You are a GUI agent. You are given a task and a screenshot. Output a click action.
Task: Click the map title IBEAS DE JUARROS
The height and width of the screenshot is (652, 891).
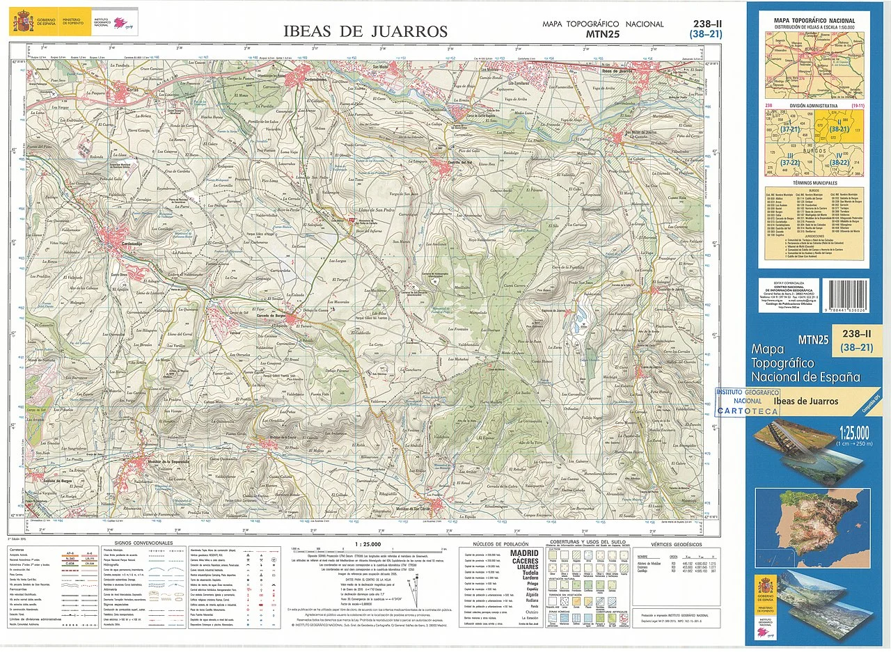365,31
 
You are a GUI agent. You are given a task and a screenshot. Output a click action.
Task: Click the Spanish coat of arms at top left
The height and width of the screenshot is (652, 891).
22,22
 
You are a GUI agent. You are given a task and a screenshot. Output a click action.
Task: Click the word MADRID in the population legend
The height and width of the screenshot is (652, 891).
525,554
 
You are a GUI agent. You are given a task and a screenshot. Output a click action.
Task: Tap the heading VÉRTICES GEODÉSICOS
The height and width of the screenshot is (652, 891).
676,544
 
